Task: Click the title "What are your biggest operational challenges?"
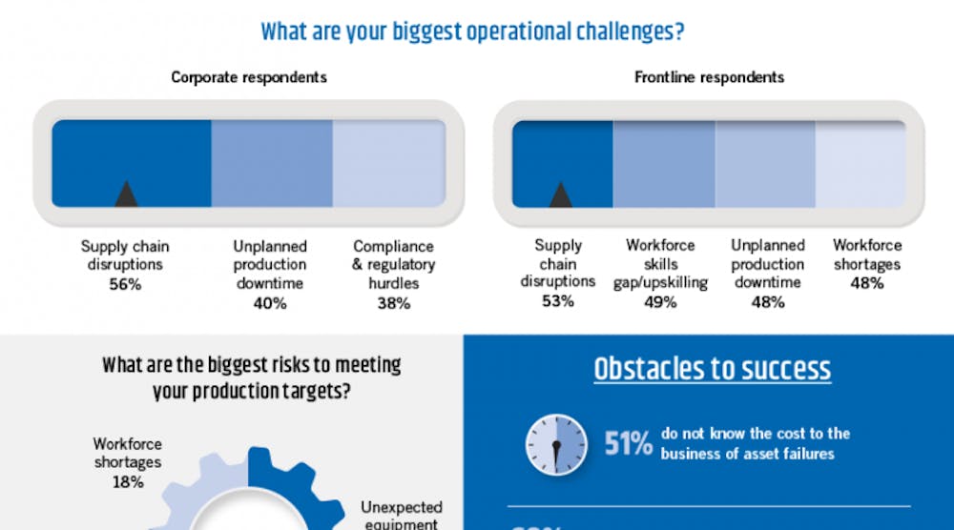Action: click(x=472, y=31)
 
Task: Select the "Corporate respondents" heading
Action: click(x=248, y=77)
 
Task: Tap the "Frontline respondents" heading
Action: click(x=709, y=77)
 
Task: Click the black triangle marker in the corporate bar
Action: click(x=126, y=194)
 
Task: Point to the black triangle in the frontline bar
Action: click(x=561, y=194)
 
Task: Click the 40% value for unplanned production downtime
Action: click(x=270, y=303)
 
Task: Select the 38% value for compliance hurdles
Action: click(x=393, y=303)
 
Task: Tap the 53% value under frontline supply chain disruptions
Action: click(x=558, y=301)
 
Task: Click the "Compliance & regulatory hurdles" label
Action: click(x=393, y=264)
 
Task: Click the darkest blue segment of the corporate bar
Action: click(x=132, y=162)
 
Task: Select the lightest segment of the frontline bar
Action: click(x=860, y=163)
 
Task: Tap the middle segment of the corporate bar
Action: click(x=271, y=163)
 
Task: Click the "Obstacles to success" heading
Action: click(x=712, y=369)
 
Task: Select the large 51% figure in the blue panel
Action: click(x=628, y=443)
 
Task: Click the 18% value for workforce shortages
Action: click(x=127, y=482)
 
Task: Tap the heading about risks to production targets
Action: click(x=252, y=378)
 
